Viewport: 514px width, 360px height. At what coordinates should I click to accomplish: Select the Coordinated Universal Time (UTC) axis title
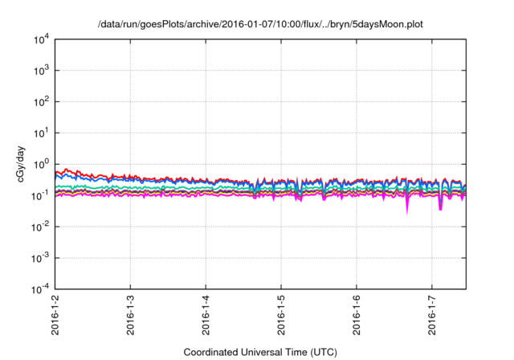(x=260, y=352)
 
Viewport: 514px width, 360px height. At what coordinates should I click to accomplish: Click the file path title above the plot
(x=259, y=24)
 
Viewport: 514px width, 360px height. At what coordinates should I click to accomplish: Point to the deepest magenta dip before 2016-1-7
(x=407, y=211)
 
